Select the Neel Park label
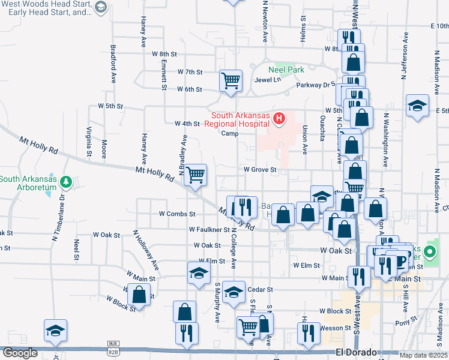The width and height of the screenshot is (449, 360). click(286, 70)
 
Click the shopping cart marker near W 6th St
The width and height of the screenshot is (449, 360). click(231, 80)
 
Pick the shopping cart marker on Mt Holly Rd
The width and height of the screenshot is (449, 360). click(196, 175)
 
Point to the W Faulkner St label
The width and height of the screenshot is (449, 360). click(209, 229)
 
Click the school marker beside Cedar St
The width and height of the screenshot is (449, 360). click(234, 292)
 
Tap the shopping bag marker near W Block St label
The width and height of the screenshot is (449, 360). click(139, 295)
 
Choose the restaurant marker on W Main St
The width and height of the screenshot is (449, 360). click(359, 276)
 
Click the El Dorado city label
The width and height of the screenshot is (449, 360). click(356, 352)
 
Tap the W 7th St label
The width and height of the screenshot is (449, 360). click(190, 72)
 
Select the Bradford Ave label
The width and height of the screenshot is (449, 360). click(113, 64)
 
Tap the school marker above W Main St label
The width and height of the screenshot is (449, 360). click(199, 273)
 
